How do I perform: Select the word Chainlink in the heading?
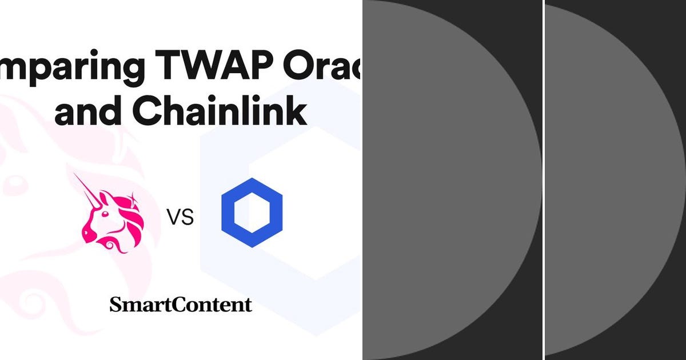click(x=220, y=113)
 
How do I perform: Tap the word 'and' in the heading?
click(x=89, y=113)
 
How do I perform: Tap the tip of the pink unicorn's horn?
click(x=76, y=175)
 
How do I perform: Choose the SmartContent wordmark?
click(x=181, y=305)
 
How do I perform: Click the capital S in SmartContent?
click(x=115, y=305)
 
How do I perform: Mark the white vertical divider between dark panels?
click(x=544, y=180)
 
